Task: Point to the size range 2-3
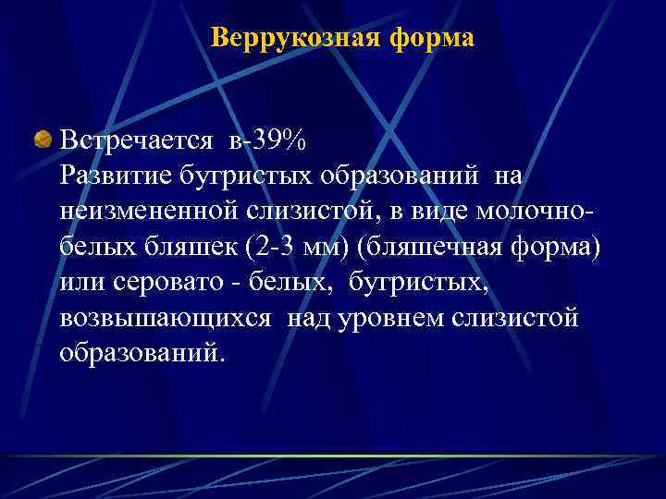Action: pyautogui.click(x=247, y=247)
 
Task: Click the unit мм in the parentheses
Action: pyautogui.click(x=299, y=247)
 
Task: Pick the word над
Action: pyautogui.click(x=309, y=317)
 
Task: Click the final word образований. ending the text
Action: pyautogui.click(x=142, y=352)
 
